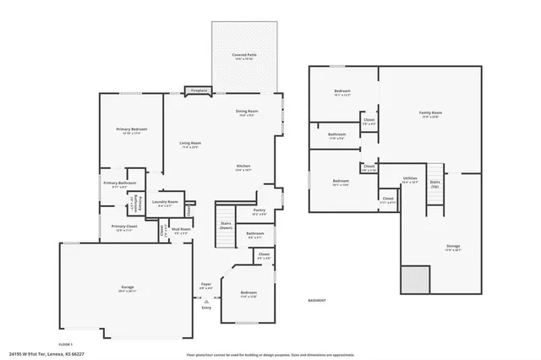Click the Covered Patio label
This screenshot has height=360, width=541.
point(244,55)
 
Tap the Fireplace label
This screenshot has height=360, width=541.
point(199,90)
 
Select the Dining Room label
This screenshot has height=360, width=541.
point(247,112)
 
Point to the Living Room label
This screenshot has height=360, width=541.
point(190,144)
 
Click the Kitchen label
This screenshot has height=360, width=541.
point(243,166)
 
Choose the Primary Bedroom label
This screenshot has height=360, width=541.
point(132,129)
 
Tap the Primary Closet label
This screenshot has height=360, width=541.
point(124,226)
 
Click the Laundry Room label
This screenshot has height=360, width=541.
point(165,202)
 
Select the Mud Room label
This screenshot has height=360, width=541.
point(181,228)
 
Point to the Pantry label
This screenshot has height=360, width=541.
point(259,210)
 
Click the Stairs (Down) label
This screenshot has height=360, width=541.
point(226,226)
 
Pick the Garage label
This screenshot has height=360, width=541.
point(128,287)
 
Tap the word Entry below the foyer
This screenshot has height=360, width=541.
point(206,308)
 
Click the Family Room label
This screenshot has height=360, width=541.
point(431,112)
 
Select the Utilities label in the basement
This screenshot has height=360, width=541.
point(410,178)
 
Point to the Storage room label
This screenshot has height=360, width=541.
point(453,246)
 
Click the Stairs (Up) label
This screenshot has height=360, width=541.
point(434,183)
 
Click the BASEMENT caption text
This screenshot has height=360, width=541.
point(318,299)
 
